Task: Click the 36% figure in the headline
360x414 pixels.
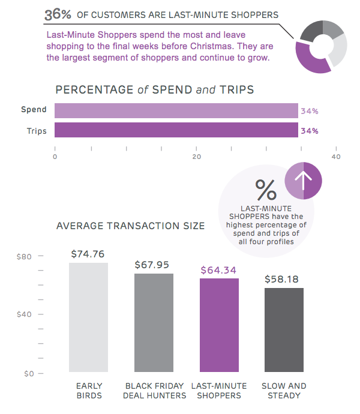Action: pyautogui.click(x=58, y=13)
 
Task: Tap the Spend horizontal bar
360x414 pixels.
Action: pyautogui.click(x=176, y=111)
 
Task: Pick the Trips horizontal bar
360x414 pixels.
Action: pyautogui.click(x=176, y=130)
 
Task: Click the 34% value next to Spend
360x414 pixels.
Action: pyautogui.click(x=310, y=111)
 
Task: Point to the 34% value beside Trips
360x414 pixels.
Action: pyautogui.click(x=310, y=130)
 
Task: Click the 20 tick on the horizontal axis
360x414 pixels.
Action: pyautogui.click(x=196, y=157)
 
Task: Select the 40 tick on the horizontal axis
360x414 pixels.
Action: pyautogui.click(x=336, y=157)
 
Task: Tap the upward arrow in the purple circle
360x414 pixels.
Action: pyautogui.click(x=304, y=180)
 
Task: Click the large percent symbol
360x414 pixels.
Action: pyautogui.click(x=266, y=190)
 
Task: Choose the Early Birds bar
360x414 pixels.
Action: pyautogui.click(x=88, y=318)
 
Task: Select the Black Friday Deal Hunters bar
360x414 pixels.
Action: pyautogui.click(x=154, y=323)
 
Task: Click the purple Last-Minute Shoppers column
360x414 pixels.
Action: pyautogui.click(x=219, y=326)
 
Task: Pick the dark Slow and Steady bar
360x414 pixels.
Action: pyautogui.click(x=284, y=331)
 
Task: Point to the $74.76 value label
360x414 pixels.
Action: pyautogui.click(x=88, y=253)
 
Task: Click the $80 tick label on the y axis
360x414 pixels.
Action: pyautogui.click(x=24, y=256)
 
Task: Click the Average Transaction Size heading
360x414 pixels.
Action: pyautogui.click(x=130, y=226)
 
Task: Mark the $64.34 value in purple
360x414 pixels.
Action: pyautogui.click(x=219, y=270)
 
